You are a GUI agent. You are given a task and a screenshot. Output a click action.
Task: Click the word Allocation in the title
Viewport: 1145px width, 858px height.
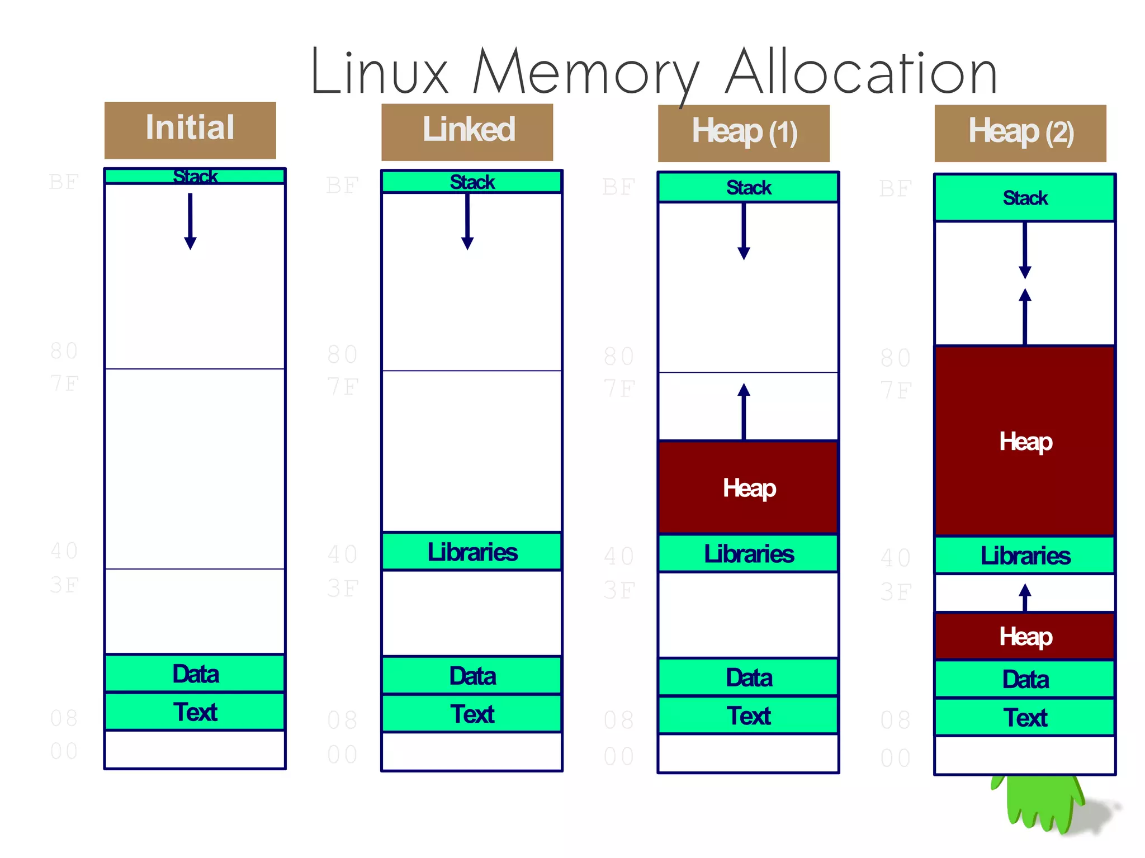(x=861, y=73)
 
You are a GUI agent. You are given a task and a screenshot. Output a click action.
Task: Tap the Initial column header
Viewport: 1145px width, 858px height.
(x=190, y=130)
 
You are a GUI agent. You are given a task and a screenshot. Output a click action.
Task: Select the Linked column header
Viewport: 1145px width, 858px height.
(x=467, y=132)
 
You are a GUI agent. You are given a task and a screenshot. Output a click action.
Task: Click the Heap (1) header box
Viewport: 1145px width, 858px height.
(x=744, y=133)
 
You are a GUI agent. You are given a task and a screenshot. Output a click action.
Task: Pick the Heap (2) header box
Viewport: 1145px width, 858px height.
(x=1020, y=133)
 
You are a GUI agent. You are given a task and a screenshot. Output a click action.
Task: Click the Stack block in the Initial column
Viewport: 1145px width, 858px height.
(x=195, y=177)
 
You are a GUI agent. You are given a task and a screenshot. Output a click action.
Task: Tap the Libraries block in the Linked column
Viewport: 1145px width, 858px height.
(x=472, y=552)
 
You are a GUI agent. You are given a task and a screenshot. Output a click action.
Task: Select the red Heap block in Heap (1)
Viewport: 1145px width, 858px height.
(x=748, y=487)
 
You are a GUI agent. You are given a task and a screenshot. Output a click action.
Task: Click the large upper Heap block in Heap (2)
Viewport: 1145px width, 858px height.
(x=1025, y=442)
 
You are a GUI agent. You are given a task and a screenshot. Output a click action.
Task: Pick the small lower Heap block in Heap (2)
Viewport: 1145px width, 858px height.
(x=1025, y=636)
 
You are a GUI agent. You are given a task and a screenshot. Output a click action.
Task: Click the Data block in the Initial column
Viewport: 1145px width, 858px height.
(x=195, y=674)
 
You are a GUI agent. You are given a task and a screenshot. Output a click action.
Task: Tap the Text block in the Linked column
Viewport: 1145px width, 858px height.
(x=472, y=714)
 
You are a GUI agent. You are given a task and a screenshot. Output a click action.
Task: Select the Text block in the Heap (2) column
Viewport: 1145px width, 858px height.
(x=1025, y=717)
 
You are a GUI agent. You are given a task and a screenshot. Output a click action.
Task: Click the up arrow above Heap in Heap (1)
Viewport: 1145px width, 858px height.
(x=744, y=411)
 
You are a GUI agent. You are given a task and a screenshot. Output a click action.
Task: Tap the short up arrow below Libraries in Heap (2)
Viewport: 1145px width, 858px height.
(x=1025, y=597)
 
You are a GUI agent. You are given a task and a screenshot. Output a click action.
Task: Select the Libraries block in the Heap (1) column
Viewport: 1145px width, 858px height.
(x=748, y=553)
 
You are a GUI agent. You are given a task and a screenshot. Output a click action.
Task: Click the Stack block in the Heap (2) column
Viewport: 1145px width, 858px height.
(x=1025, y=197)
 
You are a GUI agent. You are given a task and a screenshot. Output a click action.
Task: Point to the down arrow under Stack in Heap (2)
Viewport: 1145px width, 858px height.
(x=1025, y=250)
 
